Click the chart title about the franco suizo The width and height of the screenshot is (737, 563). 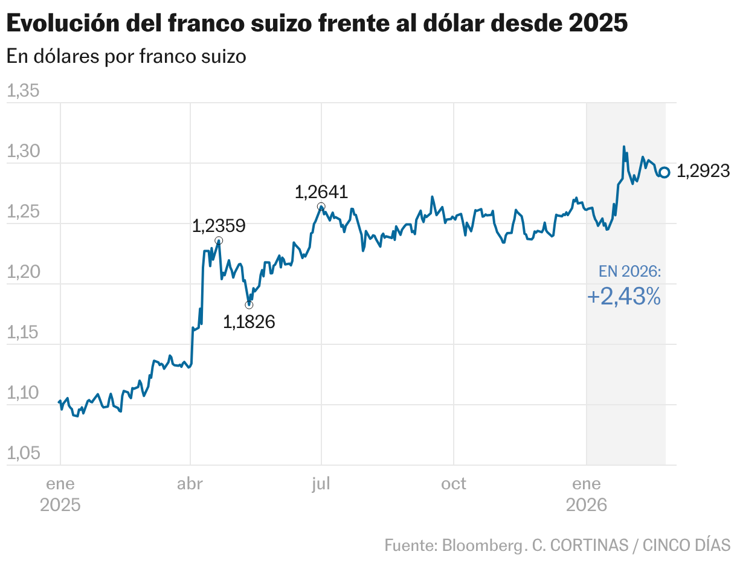[x=317, y=24]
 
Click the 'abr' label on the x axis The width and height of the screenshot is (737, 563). [x=190, y=484]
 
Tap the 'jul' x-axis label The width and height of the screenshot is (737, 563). [x=321, y=484]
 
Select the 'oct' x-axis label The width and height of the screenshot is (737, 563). [x=453, y=484]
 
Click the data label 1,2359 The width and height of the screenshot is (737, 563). [x=219, y=226]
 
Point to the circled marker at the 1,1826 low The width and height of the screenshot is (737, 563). [x=249, y=304]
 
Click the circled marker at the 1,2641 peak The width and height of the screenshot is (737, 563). [x=321, y=207]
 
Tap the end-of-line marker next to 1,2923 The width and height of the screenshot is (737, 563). [x=664, y=172]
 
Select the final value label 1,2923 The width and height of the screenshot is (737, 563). [x=703, y=172]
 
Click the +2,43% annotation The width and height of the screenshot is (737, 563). [x=623, y=297]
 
